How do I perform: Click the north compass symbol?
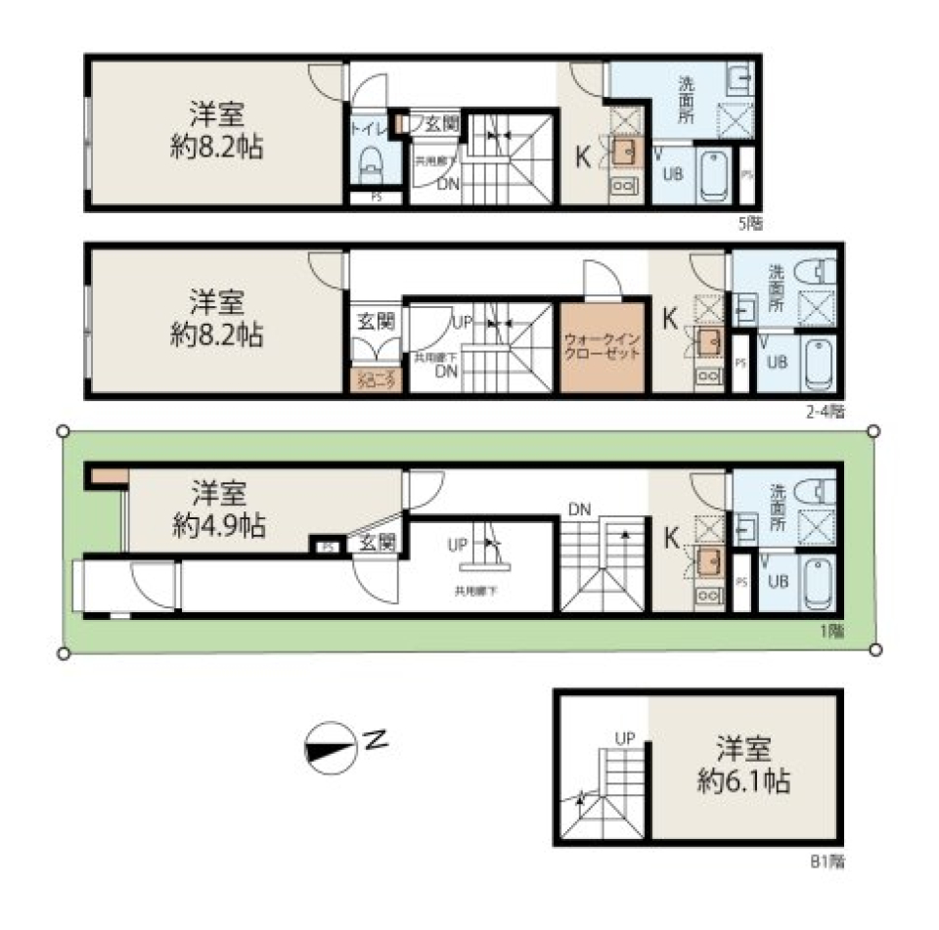331,749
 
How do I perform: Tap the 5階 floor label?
750,224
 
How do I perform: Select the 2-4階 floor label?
825,412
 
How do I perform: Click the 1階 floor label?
831,631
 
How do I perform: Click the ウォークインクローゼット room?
603,348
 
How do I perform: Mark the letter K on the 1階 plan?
672,538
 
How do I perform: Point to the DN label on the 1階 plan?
579,509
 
